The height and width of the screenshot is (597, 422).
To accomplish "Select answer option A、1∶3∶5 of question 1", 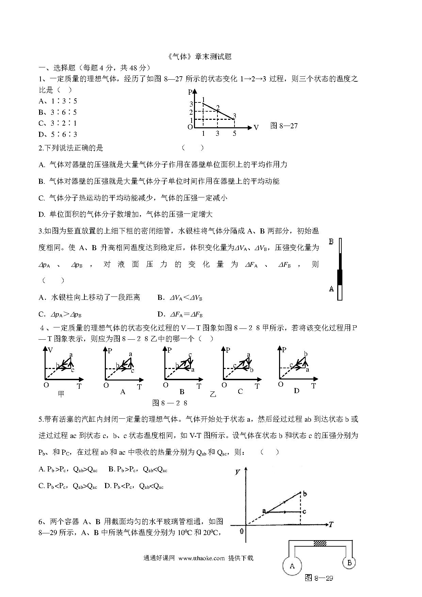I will coord(58,101).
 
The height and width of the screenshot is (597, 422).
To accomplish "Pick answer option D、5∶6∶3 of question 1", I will coord(58,134).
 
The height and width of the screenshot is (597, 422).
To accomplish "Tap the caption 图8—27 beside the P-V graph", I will coord(284,126).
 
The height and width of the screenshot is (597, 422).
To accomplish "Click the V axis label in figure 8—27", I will coord(256,128).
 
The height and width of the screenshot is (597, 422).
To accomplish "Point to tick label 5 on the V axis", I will coord(234,134).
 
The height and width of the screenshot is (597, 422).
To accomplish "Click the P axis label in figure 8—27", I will coord(190,92).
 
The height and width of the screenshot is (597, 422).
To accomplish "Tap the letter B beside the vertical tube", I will coord(331,242).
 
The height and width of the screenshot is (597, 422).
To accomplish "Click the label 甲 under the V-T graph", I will coord(61,394).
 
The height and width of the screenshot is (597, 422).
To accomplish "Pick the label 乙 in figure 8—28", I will coord(213,394).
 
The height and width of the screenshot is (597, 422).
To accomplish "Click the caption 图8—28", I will coord(170,403).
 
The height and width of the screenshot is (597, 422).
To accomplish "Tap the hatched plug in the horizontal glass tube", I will coord(320,544).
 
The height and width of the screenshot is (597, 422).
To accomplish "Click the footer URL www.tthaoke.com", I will coord(201,558).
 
